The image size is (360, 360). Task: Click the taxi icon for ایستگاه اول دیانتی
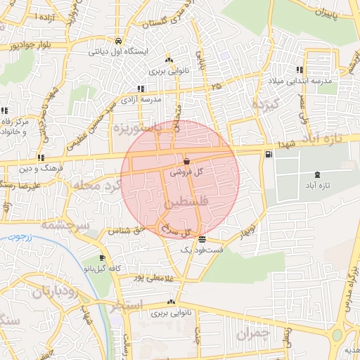pyautogui.click(x=118, y=40)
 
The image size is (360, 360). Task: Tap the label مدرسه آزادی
pyautogui.click(x=143, y=100)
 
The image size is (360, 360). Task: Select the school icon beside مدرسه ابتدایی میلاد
pyautogui.click(x=300, y=70)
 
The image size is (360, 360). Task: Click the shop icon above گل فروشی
pyautogui.click(x=186, y=162)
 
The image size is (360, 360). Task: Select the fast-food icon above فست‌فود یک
pyautogui.click(x=202, y=240)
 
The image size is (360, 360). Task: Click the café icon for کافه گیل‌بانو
pyautogui.click(x=103, y=258)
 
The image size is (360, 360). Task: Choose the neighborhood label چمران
pyautogui.click(x=252, y=333)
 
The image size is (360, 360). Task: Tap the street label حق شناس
pyautogui.click(x=126, y=230)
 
